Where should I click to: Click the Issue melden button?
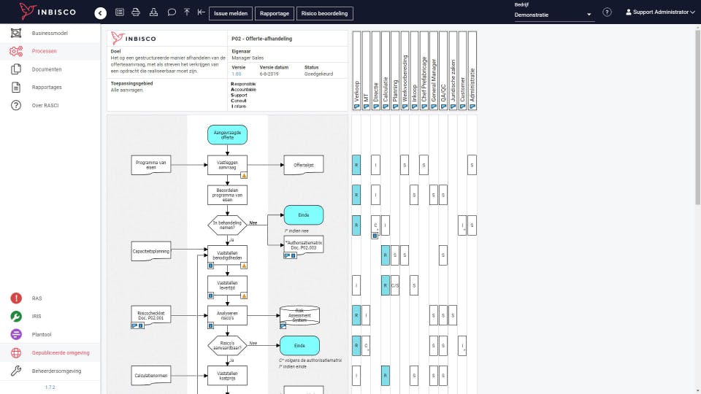(x=231, y=13)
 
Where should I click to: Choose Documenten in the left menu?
(x=47, y=69)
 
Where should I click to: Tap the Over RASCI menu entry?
(x=46, y=106)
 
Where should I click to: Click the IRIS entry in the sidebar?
(x=37, y=316)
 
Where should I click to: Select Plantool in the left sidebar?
(x=42, y=334)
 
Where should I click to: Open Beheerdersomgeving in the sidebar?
(x=56, y=371)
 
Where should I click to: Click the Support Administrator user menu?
(x=660, y=12)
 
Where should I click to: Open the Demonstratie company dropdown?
(x=553, y=15)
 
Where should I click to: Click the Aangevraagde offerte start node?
(x=227, y=134)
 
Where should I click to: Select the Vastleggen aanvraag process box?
(x=227, y=165)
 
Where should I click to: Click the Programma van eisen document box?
(x=152, y=165)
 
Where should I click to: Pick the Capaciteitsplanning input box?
(x=152, y=252)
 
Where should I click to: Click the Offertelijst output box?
(x=303, y=166)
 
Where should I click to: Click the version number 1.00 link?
(x=236, y=74)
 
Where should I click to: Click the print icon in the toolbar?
(x=135, y=12)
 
